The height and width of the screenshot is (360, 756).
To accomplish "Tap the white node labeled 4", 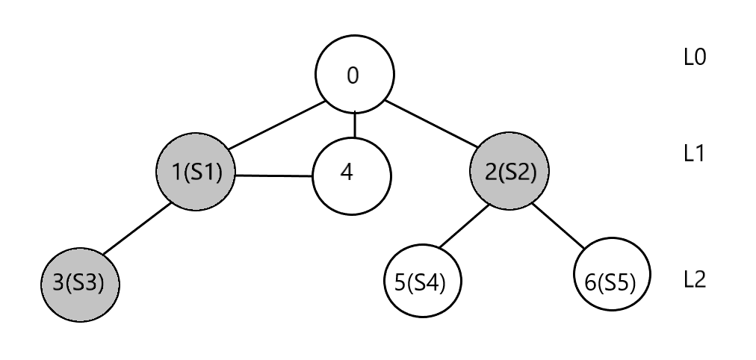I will [352, 174].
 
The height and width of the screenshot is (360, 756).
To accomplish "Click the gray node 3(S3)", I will [79, 284].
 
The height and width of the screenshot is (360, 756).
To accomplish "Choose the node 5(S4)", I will [422, 284].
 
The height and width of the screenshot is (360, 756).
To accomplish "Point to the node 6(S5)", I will [613, 284].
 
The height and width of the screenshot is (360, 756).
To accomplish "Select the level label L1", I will [695, 155].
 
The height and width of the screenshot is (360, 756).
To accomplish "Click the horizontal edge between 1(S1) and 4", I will [273, 176].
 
